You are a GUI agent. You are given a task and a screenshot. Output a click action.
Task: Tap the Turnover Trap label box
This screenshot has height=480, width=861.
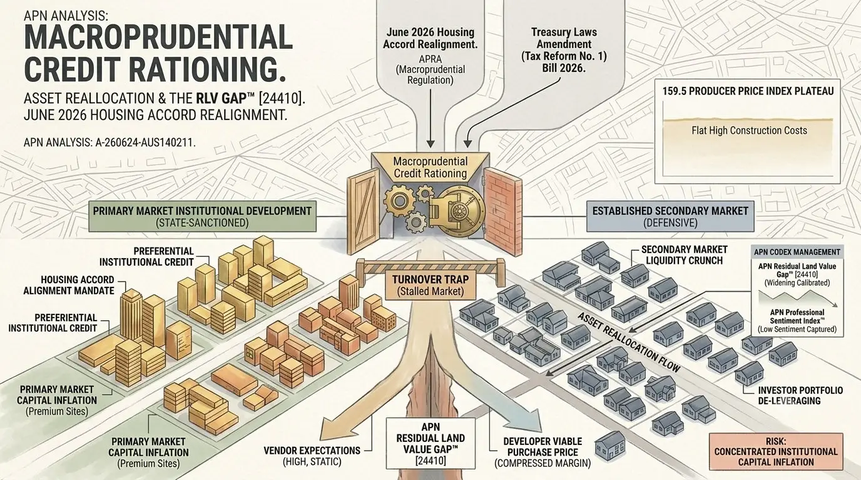[x=430, y=285]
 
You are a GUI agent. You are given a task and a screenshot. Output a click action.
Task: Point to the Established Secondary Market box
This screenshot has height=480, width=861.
[x=670, y=216]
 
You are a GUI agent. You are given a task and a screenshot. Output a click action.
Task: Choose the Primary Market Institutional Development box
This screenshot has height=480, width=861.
[x=202, y=216]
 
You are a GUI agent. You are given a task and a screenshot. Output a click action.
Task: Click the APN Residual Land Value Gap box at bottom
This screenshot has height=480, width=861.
[x=430, y=444]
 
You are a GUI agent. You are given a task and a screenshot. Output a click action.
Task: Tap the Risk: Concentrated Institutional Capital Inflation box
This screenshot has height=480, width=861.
[x=776, y=452]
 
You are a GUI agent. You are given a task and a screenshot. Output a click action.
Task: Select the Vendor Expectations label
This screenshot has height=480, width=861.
[x=312, y=456]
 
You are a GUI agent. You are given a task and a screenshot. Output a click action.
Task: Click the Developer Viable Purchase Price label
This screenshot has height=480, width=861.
[x=543, y=452]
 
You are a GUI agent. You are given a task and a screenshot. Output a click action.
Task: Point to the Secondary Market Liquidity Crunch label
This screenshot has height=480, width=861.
[x=684, y=255]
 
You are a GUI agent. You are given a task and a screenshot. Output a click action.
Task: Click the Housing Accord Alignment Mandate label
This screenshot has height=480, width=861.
[x=69, y=285]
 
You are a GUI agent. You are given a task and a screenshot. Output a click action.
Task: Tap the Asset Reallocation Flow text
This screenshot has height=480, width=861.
[x=629, y=342]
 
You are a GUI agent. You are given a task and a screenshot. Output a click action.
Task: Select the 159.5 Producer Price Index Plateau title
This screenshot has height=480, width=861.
[x=748, y=91]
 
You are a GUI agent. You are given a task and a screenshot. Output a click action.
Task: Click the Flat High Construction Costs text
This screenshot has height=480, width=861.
[x=749, y=131]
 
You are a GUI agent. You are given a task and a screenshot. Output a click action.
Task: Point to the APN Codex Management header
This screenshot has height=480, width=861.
[x=797, y=252]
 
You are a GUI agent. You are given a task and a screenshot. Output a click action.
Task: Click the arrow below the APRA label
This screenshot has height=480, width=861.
[x=430, y=118]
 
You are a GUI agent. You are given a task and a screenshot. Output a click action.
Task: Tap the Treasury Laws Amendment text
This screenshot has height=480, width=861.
[x=564, y=38]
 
